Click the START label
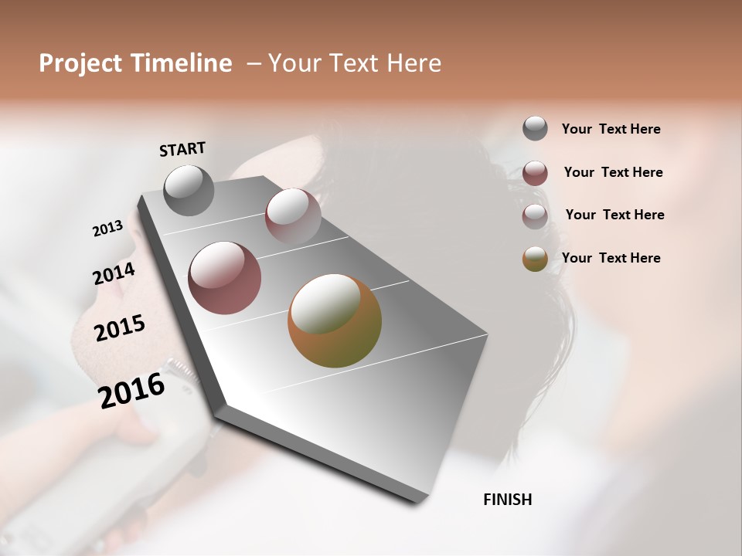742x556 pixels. [x=182, y=149]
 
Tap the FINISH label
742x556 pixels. [x=507, y=500]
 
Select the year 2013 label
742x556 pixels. [x=108, y=229]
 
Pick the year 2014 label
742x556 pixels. [x=114, y=274]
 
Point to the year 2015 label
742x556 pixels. [x=120, y=328]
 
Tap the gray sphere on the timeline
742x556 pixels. [x=189, y=190]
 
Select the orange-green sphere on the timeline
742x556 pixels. [x=335, y=320]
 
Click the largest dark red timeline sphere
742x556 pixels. [x=225, y=278]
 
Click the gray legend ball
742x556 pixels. [x=535, y=128]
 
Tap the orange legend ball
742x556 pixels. [x=535, y=259]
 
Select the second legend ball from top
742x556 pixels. [x=535, y=173]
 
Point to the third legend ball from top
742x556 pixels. [x=535, y=216]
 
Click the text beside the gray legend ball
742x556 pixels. [x=611, y=129]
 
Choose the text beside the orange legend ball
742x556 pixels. [x=611, y=258]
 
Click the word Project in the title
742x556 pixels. [x=80, y=63]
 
